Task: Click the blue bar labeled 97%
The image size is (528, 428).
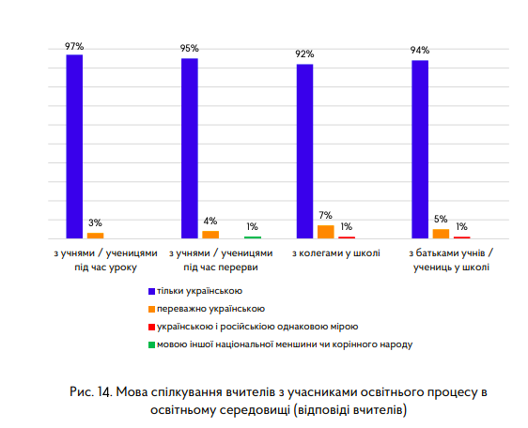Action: (74, 146)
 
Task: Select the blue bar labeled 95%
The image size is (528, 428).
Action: (190, 148)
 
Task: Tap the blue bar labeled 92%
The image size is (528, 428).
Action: (304, 151)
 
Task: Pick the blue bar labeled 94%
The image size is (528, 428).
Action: (420, 149)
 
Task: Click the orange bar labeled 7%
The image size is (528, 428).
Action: (326, 232)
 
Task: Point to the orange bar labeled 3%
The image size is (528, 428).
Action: (96, 236)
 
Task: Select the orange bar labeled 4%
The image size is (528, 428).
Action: (210, 235)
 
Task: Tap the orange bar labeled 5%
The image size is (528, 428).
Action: (441, 234)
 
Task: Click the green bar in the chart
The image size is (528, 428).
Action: (253, 237)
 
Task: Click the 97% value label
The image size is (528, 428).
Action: (74, 45)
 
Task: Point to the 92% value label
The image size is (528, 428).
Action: (304, 54)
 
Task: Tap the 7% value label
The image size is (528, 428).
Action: (326, 216)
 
